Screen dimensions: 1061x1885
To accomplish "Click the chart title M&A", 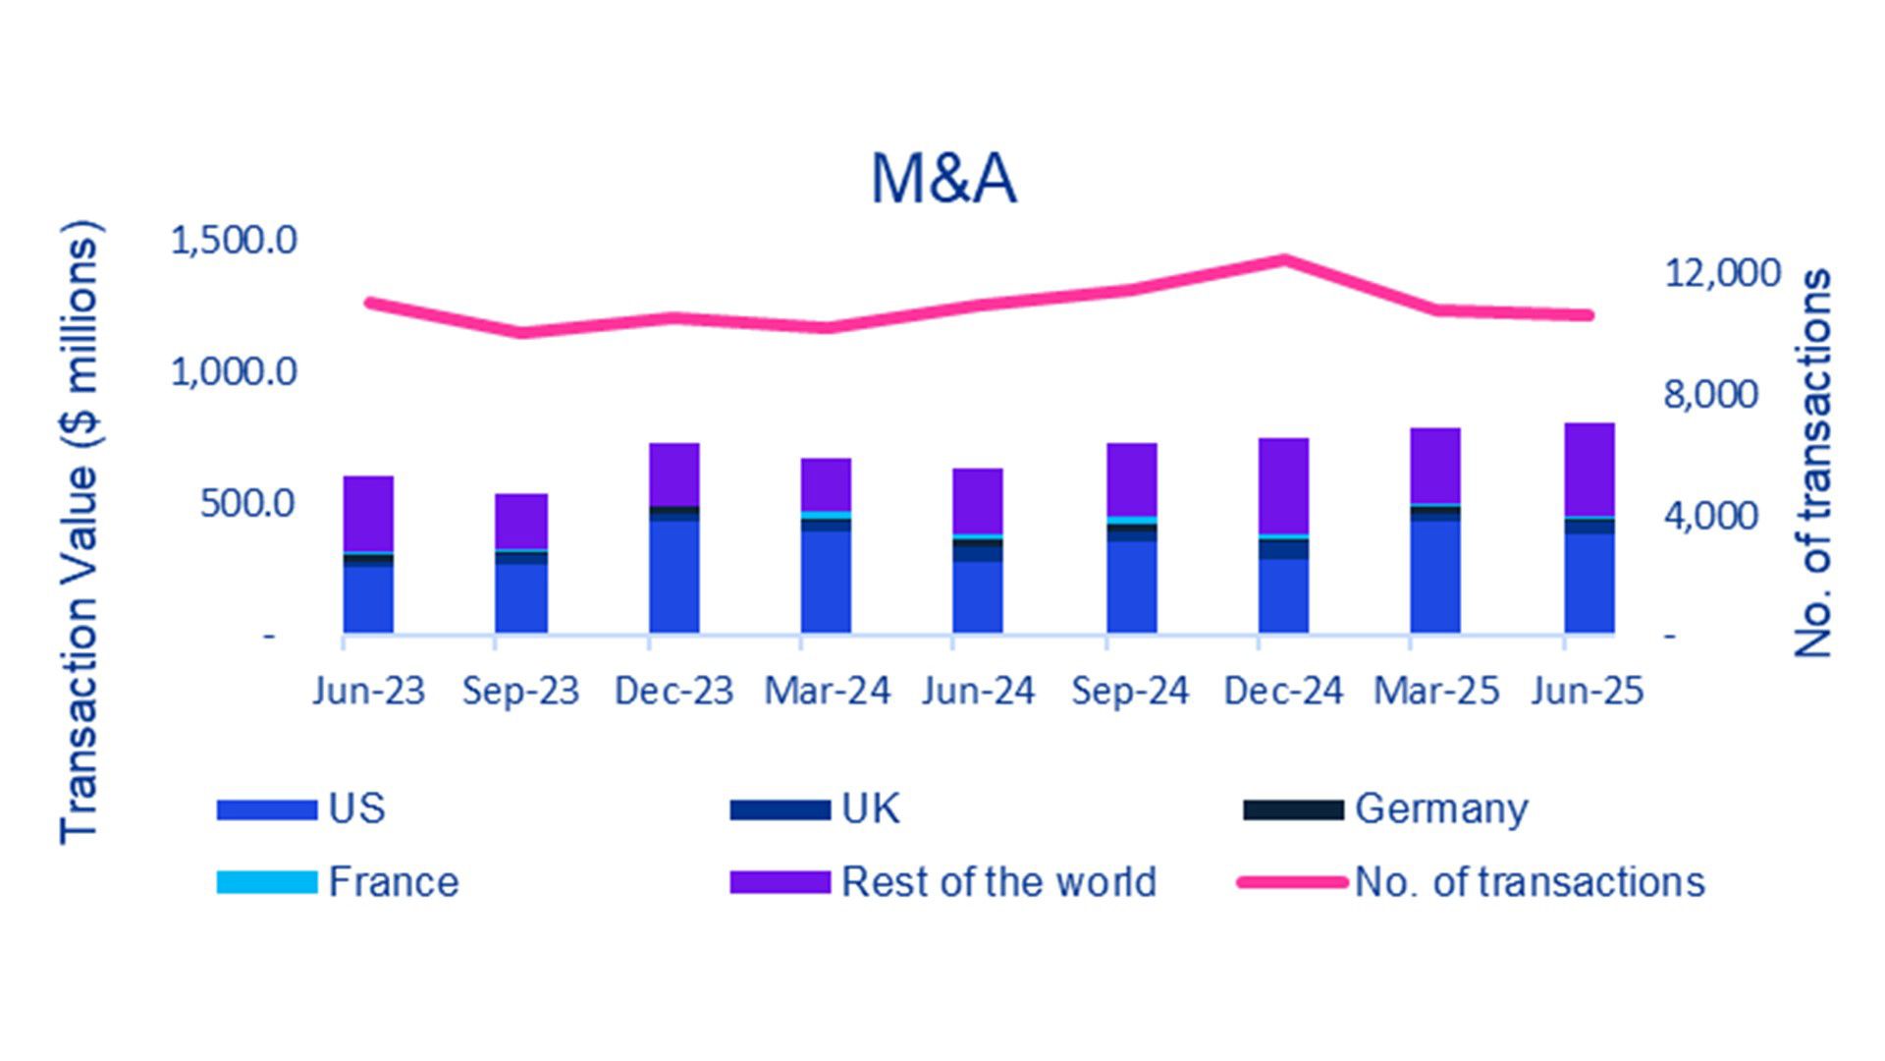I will tap(942, 179).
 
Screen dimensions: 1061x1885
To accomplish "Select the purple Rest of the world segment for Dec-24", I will tap(1283, 485).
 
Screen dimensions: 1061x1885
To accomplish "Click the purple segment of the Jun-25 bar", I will tap(1589, 469).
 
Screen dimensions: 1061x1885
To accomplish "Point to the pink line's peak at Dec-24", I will tap(1283, 260).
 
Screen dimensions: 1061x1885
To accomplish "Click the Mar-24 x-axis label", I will tap(827, 691).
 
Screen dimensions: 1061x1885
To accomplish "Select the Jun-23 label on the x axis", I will tap(368, 691).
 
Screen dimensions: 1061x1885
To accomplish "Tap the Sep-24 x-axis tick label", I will tap(1130, 691).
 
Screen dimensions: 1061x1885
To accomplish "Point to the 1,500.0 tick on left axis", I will tap(234, 240).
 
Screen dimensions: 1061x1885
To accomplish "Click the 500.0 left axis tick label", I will tap(247, 503).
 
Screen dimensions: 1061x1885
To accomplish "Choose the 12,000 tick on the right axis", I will tap(1722, 272).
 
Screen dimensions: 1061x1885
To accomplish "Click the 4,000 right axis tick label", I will tap(1722, 515).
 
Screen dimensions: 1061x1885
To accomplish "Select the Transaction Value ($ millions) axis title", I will tap(80, 531).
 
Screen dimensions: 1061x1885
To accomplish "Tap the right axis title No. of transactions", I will tap(1812, 463).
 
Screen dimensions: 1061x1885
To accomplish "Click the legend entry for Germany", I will tap(1440, 809).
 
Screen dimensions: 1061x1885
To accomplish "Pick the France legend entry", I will tap(393, 881).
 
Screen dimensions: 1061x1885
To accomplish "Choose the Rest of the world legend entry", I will tap(998, 881).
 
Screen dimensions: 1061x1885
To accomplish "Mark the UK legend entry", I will tap(870, 809).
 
